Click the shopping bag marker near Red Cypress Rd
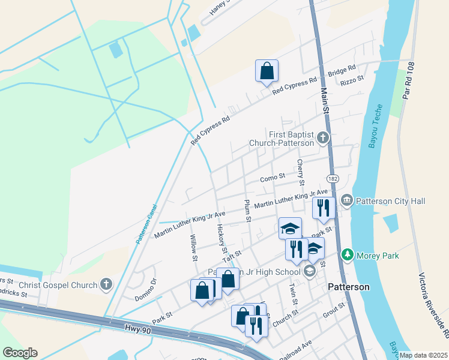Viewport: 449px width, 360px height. pyautogui.click(x=267, y=71)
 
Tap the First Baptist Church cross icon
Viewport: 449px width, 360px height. pyautogui.click(x=323, y=139)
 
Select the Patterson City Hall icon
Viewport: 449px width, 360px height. pyautogui.click(x=347, y=200)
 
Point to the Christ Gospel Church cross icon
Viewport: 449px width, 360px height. pyautogui.click(x=106, y=284)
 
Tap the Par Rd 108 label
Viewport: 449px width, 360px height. pyautogui.click(x=410, y=82)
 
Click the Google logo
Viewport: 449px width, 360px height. pyautogui.click(x=20, y=353)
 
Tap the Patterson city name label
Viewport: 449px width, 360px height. pyautogui.click(x=349, y=287)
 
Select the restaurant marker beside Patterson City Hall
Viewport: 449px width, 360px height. pyautogui.click(x=324, y=208)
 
